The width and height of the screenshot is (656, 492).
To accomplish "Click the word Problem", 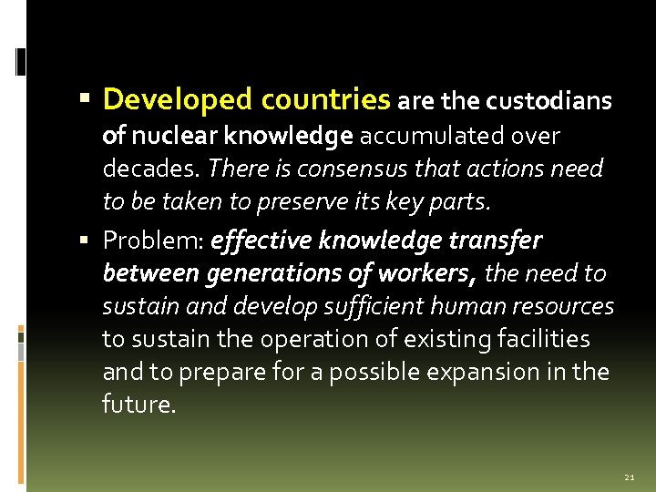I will pyautogui.click(x=152, y=241).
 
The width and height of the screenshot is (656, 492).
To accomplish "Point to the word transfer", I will pyautogui.click(x=497, y=240).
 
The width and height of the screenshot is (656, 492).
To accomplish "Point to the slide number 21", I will pyautogui.click(x=630, y=477).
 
